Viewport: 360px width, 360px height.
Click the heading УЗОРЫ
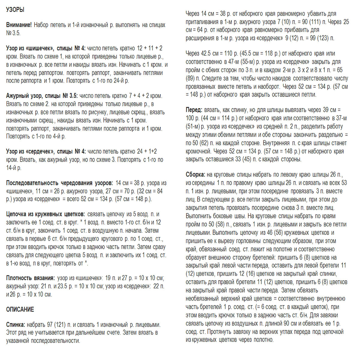pos(15,10)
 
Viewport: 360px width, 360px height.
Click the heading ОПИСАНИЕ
pos(20,310)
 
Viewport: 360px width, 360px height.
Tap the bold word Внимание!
pos(19,25)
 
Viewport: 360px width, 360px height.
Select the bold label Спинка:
pos(16,325)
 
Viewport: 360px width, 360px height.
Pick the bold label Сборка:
pos(195,175)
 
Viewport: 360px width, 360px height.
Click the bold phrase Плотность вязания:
pos(30,278)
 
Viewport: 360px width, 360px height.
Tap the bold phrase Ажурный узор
pos(24,96)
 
